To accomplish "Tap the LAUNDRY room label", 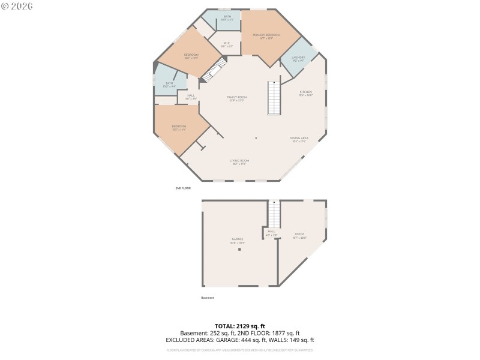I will (298, 59).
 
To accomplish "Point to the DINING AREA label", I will (299, 139).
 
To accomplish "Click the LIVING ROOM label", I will (239, 161).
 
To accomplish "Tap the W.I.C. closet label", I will (227, 44).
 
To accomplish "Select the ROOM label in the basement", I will (299, 235).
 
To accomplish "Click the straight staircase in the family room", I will (274, 98).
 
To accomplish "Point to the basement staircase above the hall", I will (274, 213).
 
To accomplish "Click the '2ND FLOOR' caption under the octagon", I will (183, 188).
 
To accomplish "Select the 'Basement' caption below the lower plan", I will (207, 298).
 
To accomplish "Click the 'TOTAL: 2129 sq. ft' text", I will (240, 326).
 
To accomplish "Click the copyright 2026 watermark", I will (17, 6).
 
